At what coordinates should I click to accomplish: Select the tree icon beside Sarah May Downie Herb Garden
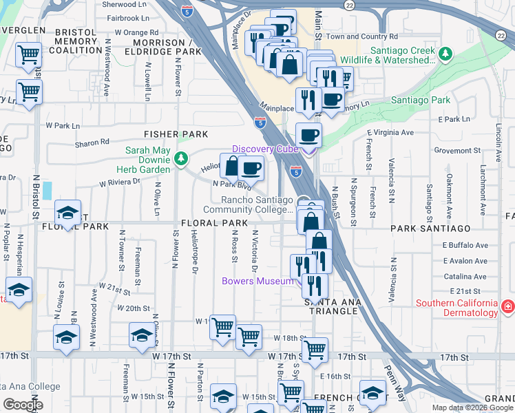[x=181, y=159]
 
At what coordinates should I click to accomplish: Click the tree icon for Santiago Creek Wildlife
[x=445, y=53]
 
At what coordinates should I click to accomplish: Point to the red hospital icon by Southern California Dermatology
[x=507, y=307]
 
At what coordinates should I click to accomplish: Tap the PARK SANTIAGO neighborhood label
[x=430, y=228]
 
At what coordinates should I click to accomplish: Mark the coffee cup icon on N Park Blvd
[x=251, y=167]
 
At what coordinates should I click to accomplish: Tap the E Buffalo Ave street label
[x=465, y=245]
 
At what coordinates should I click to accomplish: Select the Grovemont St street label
[x=456, y=150]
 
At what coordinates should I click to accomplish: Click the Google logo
[x=23, y=405]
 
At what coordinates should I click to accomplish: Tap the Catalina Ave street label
[x=465, y=277]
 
